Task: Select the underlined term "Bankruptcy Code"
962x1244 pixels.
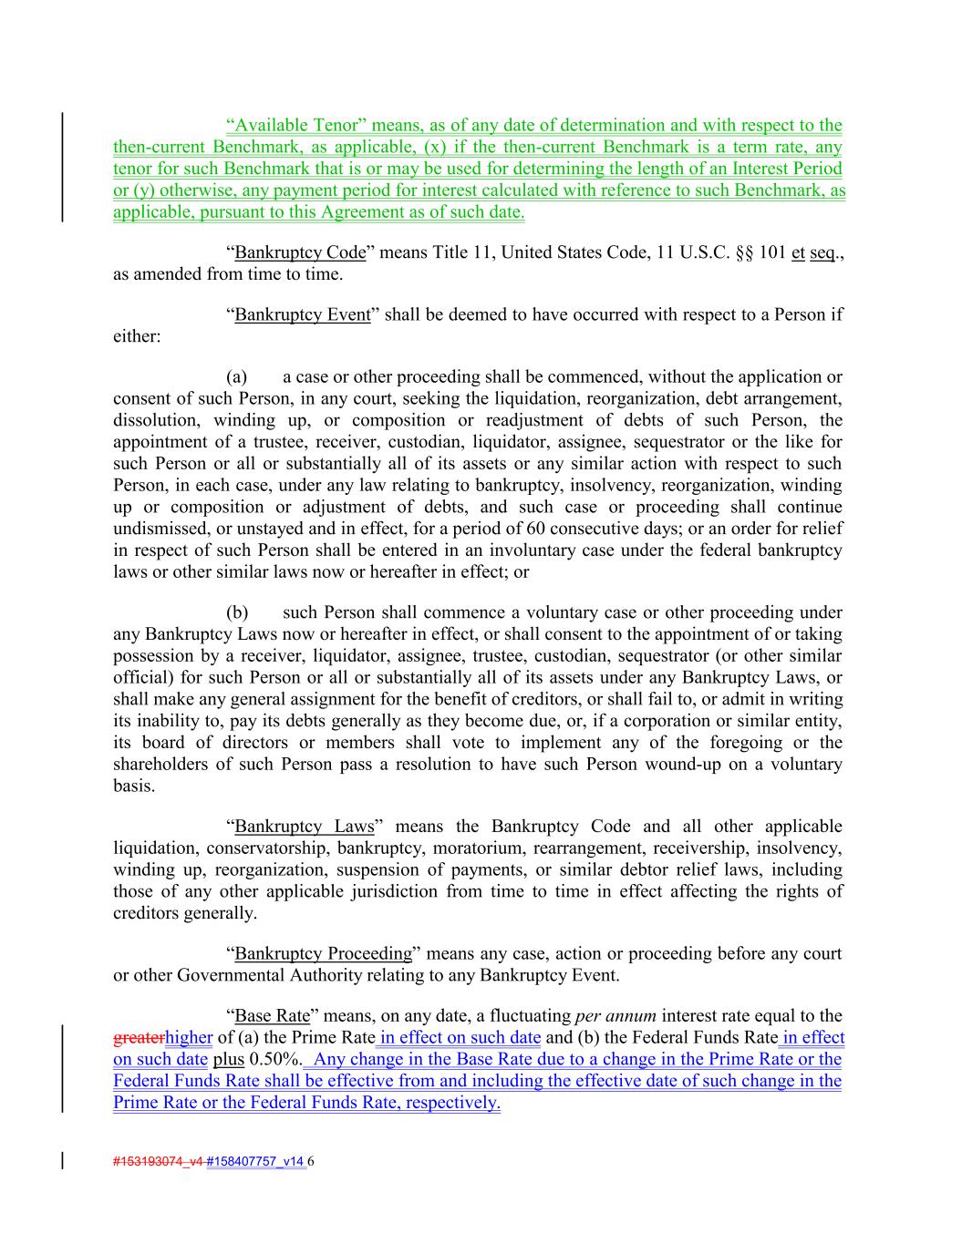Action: click(300, 252)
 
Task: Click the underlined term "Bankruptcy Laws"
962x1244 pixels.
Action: click(305, 827)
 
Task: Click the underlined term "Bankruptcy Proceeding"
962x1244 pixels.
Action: click(324, 954)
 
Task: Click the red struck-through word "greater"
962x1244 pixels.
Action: click(139, 1038)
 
